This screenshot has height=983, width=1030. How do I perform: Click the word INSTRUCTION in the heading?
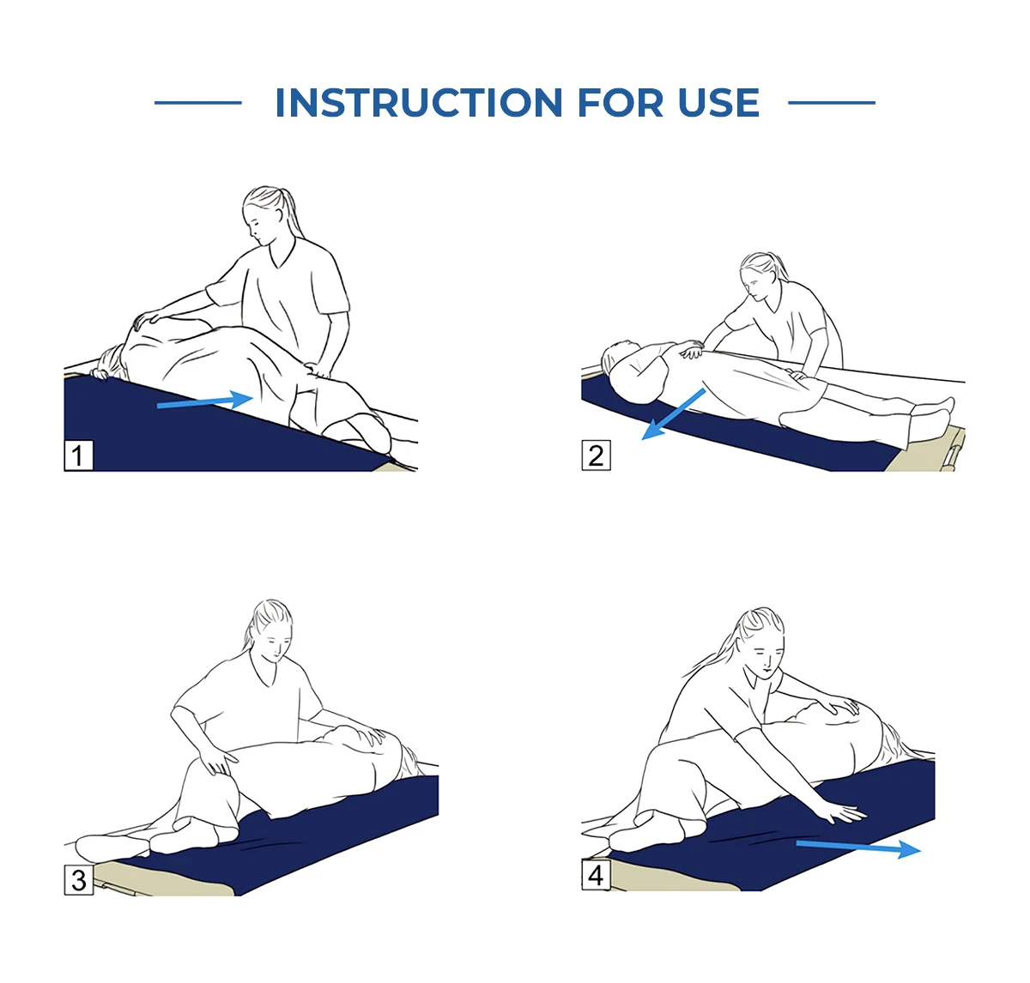coord(418,102)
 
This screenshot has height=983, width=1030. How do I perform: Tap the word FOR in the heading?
coord(620,102)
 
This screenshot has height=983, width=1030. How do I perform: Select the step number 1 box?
coord(78,455)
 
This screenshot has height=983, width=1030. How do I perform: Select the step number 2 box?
coord(596,455)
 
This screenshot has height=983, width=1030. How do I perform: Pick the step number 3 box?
coord(78,880)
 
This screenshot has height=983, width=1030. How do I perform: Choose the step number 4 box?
coord(596,875)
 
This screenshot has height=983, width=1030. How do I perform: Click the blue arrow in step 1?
coord(205,401)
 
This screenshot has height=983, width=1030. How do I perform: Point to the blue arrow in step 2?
coord(673,413)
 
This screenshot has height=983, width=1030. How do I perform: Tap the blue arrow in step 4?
coord(858,847)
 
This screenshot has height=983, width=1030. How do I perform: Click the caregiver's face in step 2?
coord(754,283)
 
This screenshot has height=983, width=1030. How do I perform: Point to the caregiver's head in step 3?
coord(271,629)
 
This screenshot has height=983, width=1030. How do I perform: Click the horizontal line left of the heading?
coord(198,103)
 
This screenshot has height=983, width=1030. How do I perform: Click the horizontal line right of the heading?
coord(832,103)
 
